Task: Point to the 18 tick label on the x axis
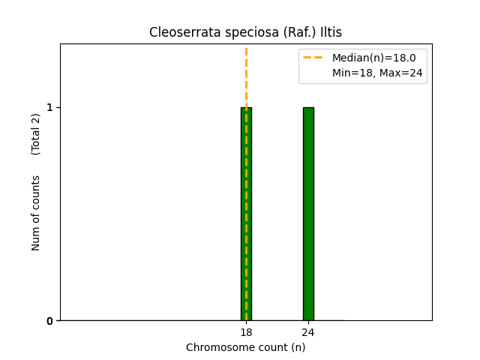click(246, 332)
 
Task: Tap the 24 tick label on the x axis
click(308, 332)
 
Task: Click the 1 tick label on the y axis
click(50, 107)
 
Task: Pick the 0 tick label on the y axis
click(50, 321)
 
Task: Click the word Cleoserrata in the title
click(179, 32)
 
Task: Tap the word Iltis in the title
click(329, 32)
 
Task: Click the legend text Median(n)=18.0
click(373, 58)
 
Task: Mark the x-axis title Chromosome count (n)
click(246, 347)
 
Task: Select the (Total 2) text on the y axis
click(36, 134)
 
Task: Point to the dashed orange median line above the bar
click(246, 75)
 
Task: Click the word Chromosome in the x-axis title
click(216, 347)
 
